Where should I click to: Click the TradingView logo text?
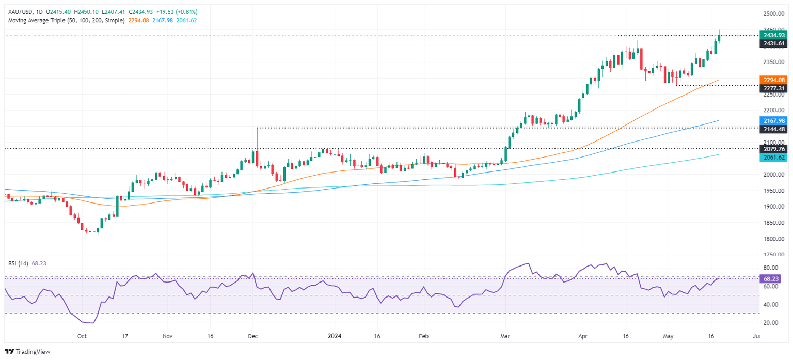32,352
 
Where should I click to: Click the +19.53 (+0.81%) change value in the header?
177,12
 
